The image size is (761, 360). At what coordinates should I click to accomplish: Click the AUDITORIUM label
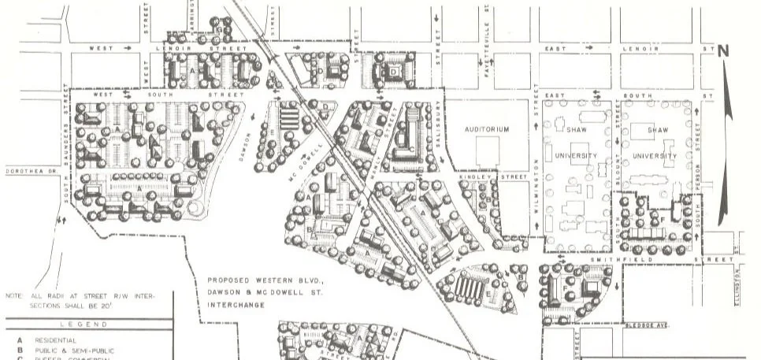487,129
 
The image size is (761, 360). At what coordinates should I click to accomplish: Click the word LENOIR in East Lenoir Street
633,49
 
